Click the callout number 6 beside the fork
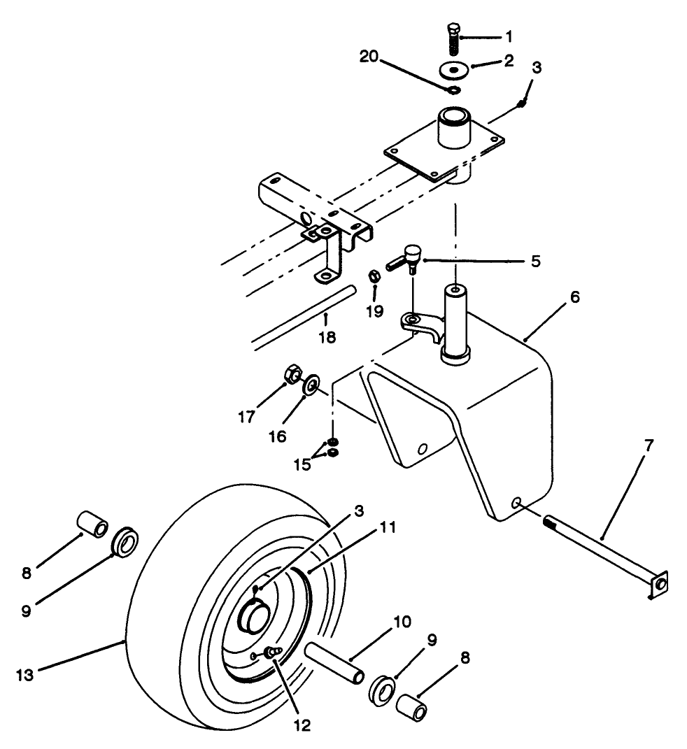574,297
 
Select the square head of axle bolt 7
658,582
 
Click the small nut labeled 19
374,277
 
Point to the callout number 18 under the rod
327,337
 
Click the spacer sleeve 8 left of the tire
91,523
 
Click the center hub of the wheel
255,615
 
